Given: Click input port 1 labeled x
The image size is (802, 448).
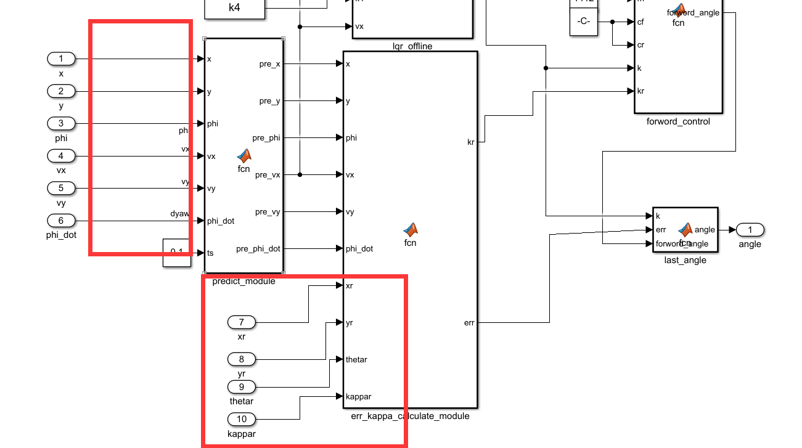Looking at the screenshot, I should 61,59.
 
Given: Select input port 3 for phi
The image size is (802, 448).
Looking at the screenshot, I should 61,123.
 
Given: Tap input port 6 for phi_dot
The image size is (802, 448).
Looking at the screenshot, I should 61,220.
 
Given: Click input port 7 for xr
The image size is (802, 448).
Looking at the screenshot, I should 242,322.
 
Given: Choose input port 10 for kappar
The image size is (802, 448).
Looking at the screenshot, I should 242,420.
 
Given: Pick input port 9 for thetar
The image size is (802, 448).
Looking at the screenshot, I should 242,387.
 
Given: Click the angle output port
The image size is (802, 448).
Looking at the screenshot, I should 750,230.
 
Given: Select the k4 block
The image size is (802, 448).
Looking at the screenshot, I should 234,8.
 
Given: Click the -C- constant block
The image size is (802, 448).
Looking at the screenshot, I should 584,22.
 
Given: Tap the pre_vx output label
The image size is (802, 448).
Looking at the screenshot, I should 268,175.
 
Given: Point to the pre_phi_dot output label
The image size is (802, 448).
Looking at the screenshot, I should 258,249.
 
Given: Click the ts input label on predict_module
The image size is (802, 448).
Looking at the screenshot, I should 211,253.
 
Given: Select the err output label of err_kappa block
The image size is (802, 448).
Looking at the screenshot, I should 469,322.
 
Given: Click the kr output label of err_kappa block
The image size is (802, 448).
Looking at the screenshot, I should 471,142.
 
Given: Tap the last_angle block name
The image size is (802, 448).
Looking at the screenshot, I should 685,260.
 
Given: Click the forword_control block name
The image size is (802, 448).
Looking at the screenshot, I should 678,121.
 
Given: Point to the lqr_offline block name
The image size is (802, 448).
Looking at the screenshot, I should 412,46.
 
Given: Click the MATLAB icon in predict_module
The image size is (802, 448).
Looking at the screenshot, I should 244,156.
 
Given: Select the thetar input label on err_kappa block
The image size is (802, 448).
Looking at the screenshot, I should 356,359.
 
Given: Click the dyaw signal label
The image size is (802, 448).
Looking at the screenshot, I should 179,214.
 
